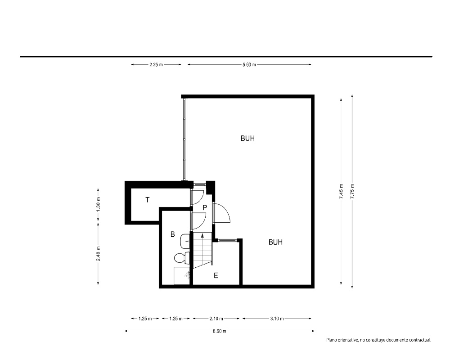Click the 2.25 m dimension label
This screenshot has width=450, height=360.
coord(156,65)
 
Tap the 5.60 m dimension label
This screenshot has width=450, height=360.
coord(249,65)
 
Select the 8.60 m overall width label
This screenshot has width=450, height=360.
coord(220,331)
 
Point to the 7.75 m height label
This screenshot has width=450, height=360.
coord(352,191)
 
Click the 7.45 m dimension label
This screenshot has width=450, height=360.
coord(341,191)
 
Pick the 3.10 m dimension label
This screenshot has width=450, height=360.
coord(277,318)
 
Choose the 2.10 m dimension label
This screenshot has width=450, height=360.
coord(216,318)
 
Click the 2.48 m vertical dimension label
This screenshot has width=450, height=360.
coord(98,254)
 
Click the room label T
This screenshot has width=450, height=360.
coord(148,200)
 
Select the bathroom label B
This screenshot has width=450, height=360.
coord(172,234)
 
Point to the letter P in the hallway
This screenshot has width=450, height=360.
coord(205,207)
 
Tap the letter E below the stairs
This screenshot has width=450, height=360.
coord(216,275)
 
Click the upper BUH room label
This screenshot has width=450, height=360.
coord(247,138)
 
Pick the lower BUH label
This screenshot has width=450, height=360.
coord(275,242)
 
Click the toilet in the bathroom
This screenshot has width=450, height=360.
coord(182,257)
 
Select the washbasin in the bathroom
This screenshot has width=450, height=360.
coord(185,241)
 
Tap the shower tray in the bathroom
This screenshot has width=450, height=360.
coord(182,276)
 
